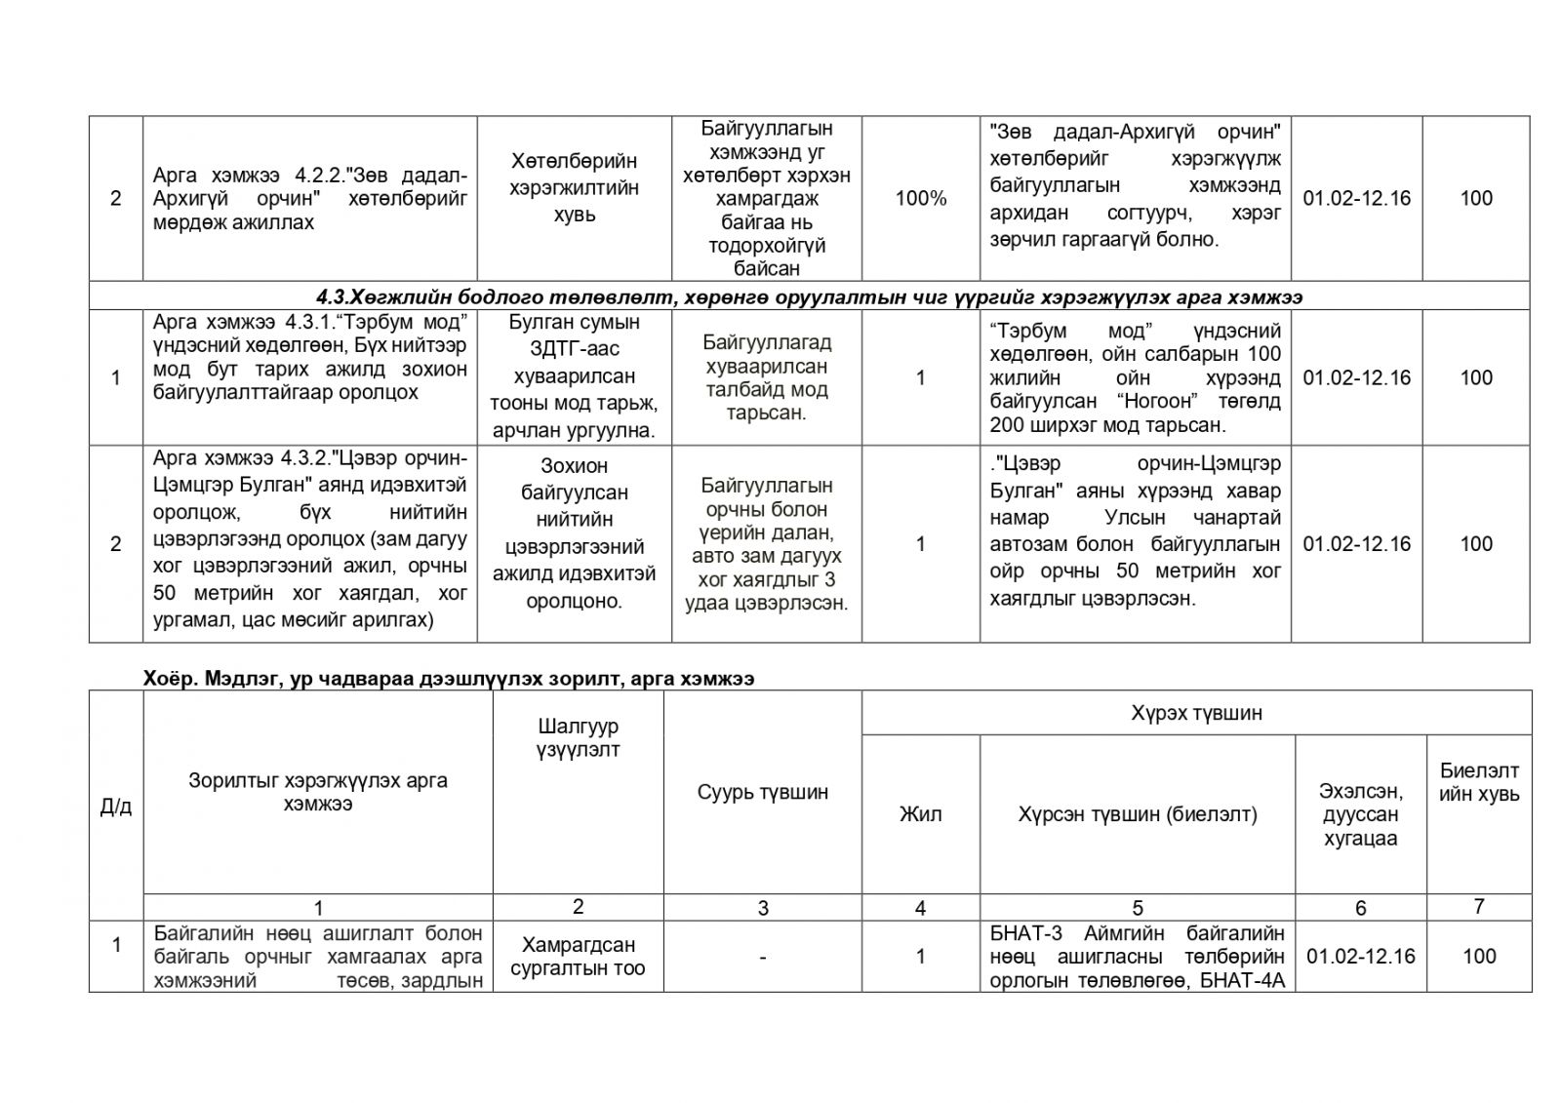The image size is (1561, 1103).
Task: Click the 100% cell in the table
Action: [x=920, y=198]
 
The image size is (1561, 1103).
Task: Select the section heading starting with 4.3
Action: [x=809, y=296]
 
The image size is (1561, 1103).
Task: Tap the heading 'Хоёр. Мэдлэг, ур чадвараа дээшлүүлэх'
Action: [x=448, y=679]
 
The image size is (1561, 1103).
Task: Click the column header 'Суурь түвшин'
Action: [x=762, y=792]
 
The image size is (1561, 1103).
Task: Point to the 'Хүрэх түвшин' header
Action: [x=1196, y=712]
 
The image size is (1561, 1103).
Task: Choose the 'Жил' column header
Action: [x=920, y=814]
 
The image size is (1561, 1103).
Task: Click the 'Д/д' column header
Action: [x=116, y=807]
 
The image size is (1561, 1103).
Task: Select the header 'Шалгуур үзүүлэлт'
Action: [x=578, y=737]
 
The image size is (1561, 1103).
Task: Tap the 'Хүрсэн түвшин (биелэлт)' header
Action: [x=1137, y=814]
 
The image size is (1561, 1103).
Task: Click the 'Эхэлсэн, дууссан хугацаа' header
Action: [x=1360, y=814]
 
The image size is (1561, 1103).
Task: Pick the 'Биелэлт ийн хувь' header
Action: [x=1478, y=782]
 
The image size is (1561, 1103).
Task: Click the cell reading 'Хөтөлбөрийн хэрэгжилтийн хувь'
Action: [x=574, y=187]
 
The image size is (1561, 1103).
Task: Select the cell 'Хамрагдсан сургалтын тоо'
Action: [x=578, y=956]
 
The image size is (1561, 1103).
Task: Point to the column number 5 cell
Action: [x=1137, y=909]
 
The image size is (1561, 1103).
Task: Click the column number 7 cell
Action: [x=1478, y=907]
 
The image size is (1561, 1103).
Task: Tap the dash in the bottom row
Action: [x=762, y=958]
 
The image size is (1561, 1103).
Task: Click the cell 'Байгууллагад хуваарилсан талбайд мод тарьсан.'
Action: [x=765, y=377]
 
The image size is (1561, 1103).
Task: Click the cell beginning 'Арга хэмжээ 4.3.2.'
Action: [x=309, y=539]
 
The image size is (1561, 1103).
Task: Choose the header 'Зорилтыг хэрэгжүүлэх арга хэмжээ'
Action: [x=317, y=792]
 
